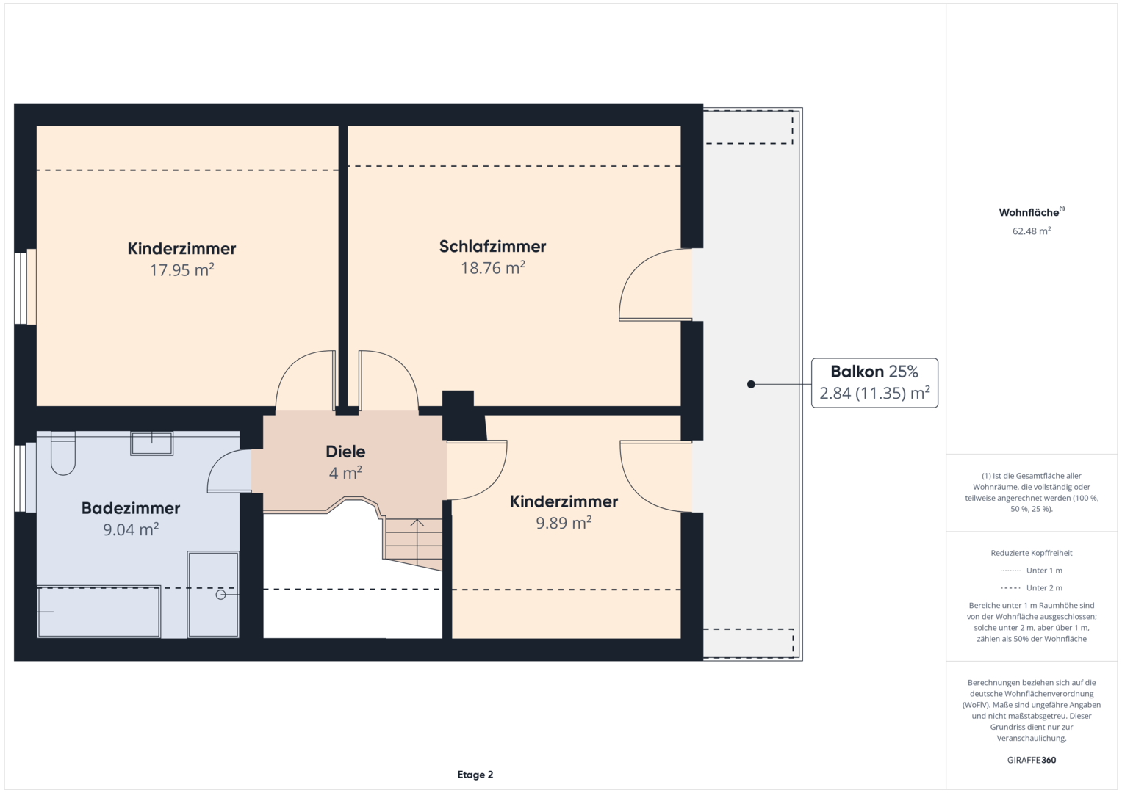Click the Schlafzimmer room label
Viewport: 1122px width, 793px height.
(492, 246)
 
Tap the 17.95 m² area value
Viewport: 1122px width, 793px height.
(181, 270)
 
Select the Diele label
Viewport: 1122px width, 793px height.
(345, 452)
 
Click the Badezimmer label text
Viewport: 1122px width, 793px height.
(131, 508)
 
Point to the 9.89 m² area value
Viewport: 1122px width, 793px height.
(564, 523)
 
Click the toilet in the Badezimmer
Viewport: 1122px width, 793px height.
(62, 454)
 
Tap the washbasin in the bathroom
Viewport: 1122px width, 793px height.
(152, 443)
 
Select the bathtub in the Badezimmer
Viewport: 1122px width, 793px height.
(99, 612)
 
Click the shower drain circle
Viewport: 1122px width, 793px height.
(220, 595)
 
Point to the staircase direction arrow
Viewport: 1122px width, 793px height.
(417, 543)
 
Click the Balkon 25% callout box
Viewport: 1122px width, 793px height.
(874, 383)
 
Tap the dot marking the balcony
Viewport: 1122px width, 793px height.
(751, 385)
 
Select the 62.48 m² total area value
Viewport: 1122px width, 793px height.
(1032, 231)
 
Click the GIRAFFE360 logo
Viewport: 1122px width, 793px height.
(1032, 760)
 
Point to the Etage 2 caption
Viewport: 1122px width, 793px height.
(475, 775)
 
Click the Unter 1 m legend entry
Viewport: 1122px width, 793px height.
(1032, 571)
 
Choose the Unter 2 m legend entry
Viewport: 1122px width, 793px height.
(1032, 587)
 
